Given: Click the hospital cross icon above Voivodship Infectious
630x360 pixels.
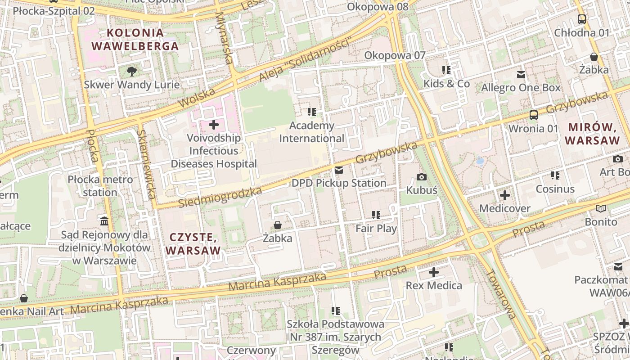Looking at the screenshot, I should coord(214,124).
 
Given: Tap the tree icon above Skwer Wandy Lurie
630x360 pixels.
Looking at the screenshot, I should coord(132,71).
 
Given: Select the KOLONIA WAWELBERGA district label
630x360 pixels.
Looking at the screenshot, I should coord(135,39).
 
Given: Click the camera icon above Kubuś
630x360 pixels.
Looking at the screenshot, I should coord(422,177).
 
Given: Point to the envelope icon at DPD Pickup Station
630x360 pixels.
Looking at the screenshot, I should coord(339,170).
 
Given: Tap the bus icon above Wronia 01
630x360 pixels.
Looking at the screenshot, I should coord(534,115).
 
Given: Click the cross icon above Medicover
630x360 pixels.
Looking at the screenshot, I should coord(505,195).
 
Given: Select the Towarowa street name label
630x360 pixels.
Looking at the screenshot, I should coord(500,293).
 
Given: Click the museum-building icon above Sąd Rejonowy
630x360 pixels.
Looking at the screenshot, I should coord(105,221).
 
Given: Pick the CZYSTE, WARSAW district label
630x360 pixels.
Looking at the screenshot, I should coord(193,243).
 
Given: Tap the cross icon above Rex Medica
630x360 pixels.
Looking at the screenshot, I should coord(433,272).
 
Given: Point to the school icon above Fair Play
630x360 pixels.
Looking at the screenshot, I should coord(376,215).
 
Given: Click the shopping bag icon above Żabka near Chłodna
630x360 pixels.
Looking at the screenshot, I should coord(594,57).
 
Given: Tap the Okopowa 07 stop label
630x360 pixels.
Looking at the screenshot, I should coord(395,55).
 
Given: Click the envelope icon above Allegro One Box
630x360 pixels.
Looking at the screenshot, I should coord(521,74).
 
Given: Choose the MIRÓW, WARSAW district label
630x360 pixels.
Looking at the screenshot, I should coord(592,133).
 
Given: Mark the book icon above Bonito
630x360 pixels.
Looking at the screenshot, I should coord(601,208).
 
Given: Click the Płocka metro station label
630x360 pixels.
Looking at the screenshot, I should coord(100,186).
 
